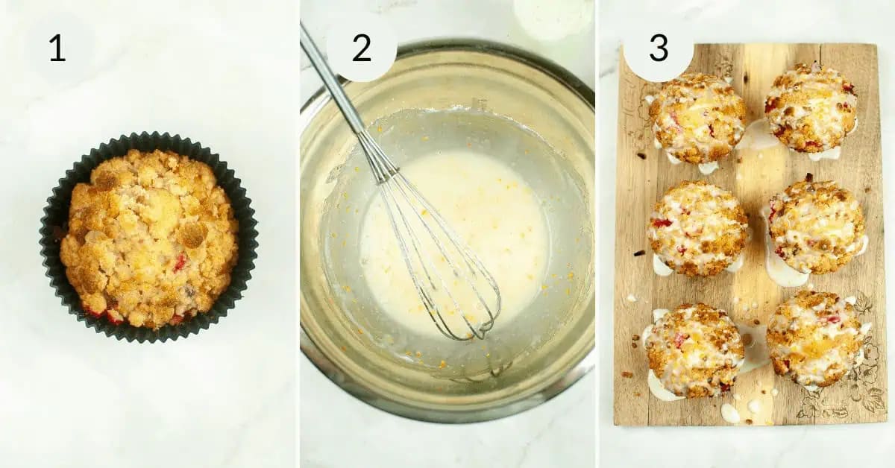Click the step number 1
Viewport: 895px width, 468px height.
click(x=57, y=48)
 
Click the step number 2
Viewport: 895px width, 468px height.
click(x=361, y=48)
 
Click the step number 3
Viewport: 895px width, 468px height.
click(x=658, y=48)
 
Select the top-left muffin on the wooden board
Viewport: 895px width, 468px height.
click(x=696, y=117)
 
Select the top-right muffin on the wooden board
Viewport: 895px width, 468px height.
click(x=811, y=107)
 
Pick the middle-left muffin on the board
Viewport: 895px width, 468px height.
click(x=697, y=228)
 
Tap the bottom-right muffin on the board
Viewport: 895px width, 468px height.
click(x=814, y=338)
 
